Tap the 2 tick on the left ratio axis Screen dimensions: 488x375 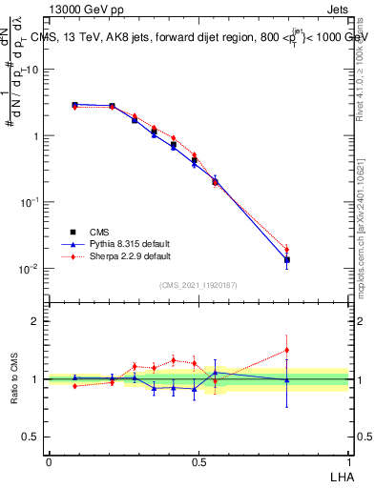coord(35,321)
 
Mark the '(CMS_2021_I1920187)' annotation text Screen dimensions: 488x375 coord(198,285)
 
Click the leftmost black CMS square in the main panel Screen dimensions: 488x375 coord(74,105)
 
